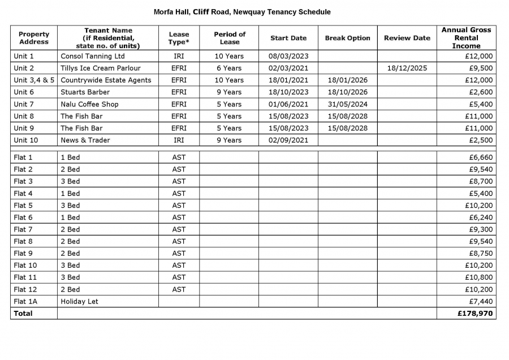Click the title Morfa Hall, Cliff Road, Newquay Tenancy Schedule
click(242, 12)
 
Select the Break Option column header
click(347, 38)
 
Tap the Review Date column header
click(407, 38)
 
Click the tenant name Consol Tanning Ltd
click(92, 56)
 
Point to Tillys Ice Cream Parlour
click(100, 68)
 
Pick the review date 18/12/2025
click(407, 68)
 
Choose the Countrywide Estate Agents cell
click(106, 80)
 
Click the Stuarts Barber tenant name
click(85, 92)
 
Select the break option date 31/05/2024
click(347, 104)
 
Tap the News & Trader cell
click(85, 140)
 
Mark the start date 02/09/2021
click(288, 140)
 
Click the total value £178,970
click(475, 313)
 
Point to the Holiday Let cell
click(79, 301)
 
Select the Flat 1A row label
click(25, 301)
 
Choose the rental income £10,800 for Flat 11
click(478, 277)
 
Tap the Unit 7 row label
click(24, 104)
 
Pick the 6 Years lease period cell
click(229, 68)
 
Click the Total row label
click(23, 313)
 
